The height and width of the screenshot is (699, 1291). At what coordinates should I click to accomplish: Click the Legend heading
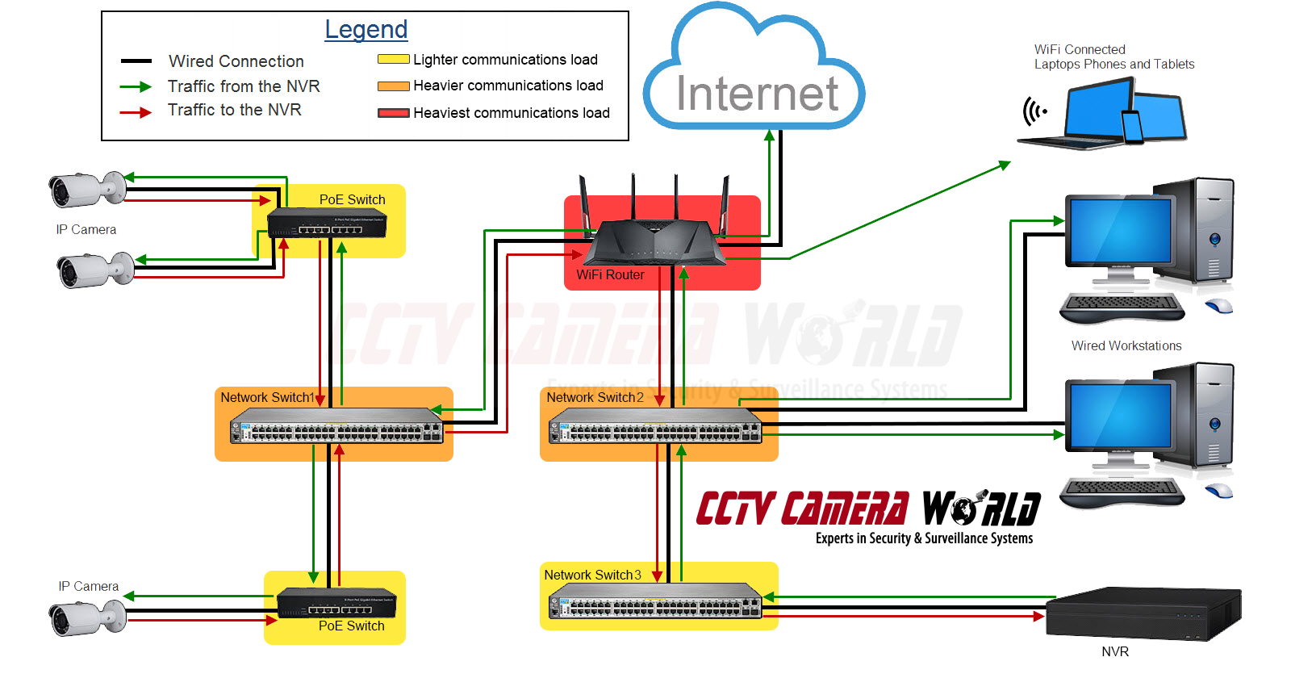pyautogui.click(x=366, y=30)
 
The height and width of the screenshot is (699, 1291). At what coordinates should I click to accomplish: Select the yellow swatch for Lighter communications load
pyautogui.click(x=393, y=59)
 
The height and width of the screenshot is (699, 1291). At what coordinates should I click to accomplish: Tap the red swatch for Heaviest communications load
pyautogui.click(x=393, y=113)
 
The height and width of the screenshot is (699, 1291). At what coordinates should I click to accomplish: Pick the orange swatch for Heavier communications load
pyautogui.click(x=393, y=86)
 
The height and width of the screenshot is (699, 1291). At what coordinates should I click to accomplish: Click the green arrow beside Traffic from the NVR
pyautogui.click(x=135, y=86)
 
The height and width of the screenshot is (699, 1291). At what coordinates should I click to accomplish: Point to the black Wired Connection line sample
pyautogui.click(x=136, y=61)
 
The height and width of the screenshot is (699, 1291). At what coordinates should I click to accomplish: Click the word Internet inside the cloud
pyautogui.click(x=757, y=94)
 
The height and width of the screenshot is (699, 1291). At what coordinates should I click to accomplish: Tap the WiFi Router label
pyautogui.click(x=610, y=275)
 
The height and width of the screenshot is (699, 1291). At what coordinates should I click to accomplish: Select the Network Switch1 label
pyautogui.click(x=267, y=398)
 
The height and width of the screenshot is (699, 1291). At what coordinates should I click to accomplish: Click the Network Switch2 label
pyautogui.click(x=595, y=398)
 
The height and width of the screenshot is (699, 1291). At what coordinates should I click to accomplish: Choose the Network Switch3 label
pyautogui.click(x=592, y=576)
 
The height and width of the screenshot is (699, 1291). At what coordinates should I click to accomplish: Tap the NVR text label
pyautogui.click(x=1115, y=652)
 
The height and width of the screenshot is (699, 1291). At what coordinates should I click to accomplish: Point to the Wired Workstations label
pyautogui.click(x=1126, y=346)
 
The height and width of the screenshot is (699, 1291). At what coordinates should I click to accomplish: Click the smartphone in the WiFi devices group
pyautogui.click(x=1133, y=128)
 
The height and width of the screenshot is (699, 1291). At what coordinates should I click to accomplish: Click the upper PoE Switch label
pyautogui.click(x=352, y=200)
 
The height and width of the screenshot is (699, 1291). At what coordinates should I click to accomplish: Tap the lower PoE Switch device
pyautogui.click(x=336, y=603)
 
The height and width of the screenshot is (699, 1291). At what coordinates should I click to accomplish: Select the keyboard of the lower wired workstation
pyautogui.click(x=1122, y=491)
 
